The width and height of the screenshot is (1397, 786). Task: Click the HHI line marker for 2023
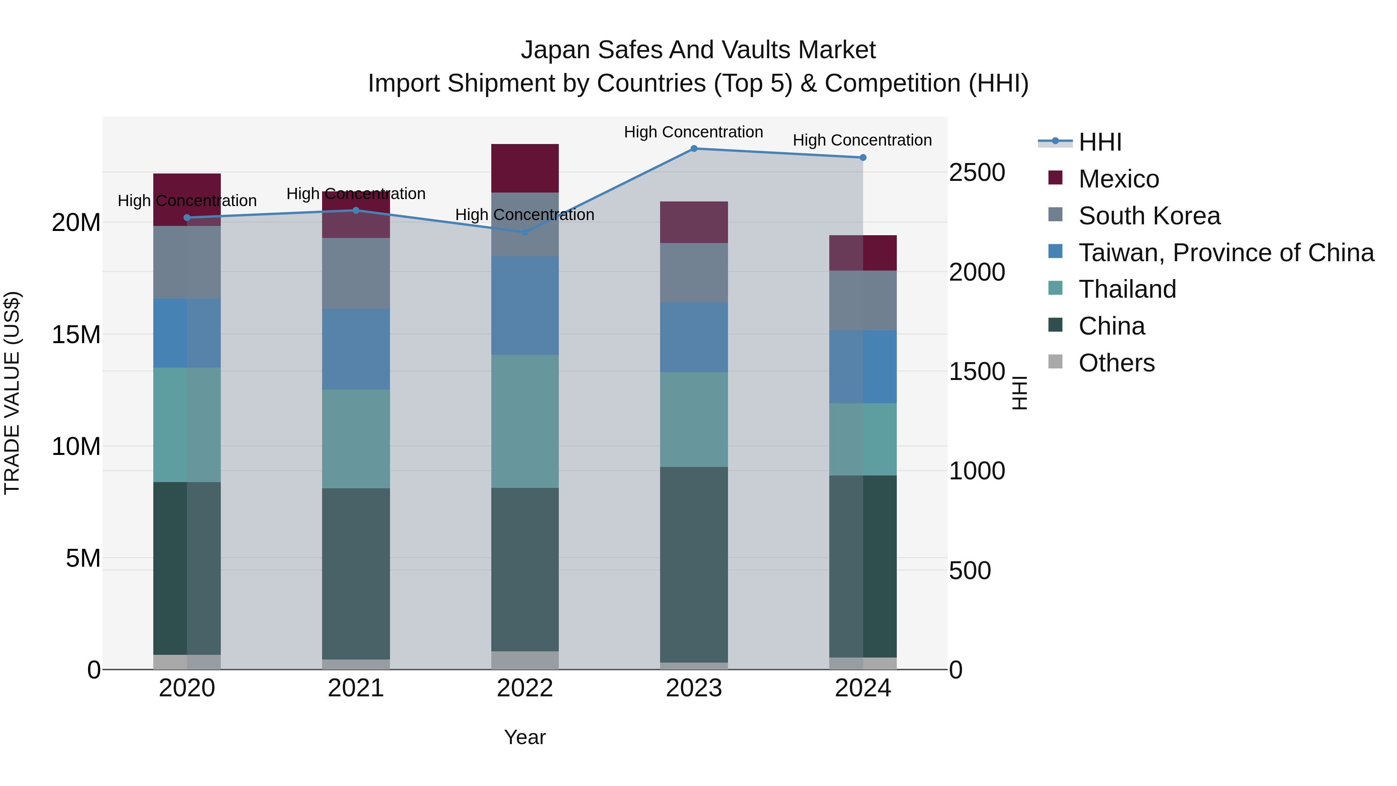coord(693,149)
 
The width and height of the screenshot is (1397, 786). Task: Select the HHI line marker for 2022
coord(524,232)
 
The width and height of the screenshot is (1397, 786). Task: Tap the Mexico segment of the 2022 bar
coord(524,168)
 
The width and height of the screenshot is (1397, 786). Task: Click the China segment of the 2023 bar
coord(693,564)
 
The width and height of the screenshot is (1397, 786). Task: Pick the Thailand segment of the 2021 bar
coord(356,439)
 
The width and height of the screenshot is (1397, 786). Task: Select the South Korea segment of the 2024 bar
coord(862,300)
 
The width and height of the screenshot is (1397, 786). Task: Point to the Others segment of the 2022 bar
coord(524,660)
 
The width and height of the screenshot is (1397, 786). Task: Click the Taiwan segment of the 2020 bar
coord(187,333)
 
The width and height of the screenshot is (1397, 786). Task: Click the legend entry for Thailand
coord(1127,289)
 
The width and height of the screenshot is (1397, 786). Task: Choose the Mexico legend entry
coord(1118,179)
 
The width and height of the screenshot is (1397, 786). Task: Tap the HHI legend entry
coord(1099,142)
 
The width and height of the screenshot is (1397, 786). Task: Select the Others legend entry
coord(1116,363)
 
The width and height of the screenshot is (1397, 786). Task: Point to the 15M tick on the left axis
coord(76,335)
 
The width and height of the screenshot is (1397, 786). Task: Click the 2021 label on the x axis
coord(356,688)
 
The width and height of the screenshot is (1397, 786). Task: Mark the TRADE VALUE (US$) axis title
coord(12,393)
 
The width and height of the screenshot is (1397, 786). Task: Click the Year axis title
coord(524,737)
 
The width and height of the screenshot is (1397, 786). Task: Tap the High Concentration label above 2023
coord(693,132)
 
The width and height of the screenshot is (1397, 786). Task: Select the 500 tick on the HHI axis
coord(970,571)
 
